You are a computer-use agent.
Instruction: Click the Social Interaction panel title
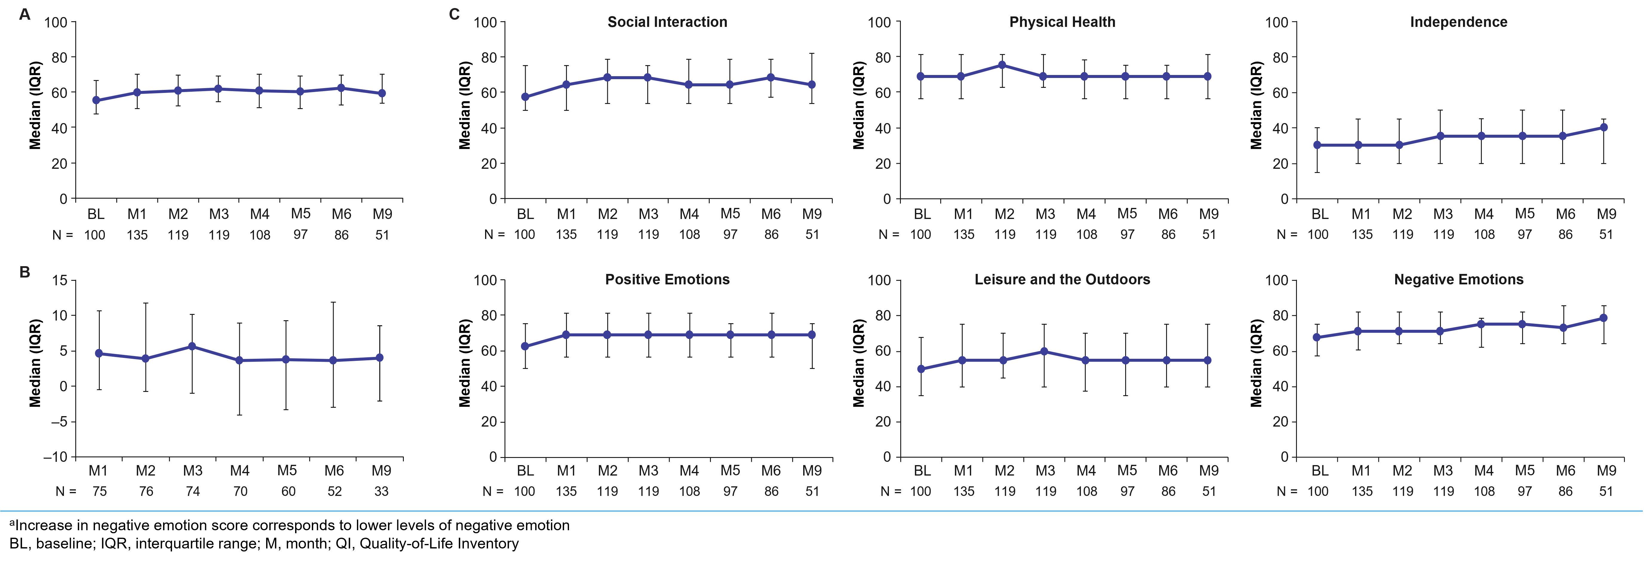pos(667,22)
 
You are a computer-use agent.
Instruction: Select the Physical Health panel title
pos(1062,22)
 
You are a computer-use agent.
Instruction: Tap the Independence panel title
pos(1458,22)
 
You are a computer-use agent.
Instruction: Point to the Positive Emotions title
pos(667,280)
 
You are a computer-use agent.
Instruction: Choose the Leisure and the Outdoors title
pos(1062,280)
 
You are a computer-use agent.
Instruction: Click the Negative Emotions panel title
pos(1458,280)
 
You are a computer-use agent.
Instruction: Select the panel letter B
pos(25,272)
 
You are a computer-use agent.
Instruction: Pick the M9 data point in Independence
pos(1604,128)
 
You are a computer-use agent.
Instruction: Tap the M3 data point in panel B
pos(192,347)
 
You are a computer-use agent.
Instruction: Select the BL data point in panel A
pos(96,100)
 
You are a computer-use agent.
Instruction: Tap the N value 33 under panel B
pos(381,491)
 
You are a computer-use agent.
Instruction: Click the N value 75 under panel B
pos(99,491)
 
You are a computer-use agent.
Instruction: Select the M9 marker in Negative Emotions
pos(1604,318)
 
